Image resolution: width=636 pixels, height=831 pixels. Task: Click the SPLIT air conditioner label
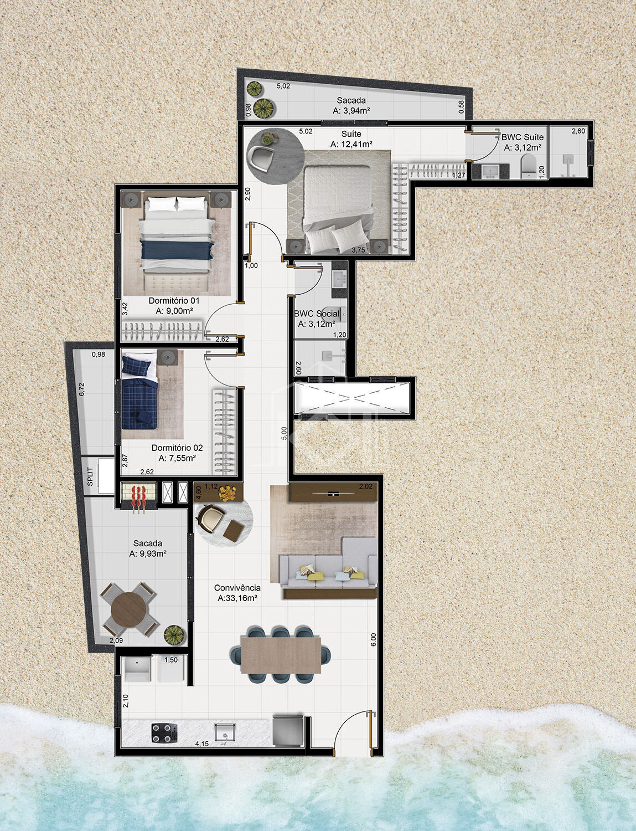pos(90,476)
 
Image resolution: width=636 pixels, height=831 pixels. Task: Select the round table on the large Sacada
pos(129,609)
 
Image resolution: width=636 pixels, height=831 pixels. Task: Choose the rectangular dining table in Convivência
pos(281,654)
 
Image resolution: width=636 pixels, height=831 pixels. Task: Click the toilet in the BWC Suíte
pos(529,166)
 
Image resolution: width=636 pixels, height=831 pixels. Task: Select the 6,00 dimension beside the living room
pos(373,639)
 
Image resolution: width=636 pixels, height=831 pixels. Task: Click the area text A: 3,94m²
pos(351,111)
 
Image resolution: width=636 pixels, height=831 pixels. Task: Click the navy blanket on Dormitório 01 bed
pos(177,250)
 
